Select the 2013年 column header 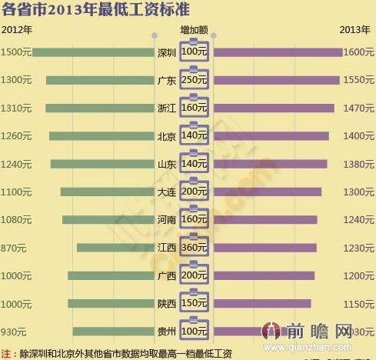tap(354, 29)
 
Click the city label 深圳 tap(167, 52)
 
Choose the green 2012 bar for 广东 tap(100, 80)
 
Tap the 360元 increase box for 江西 tap(195, 248)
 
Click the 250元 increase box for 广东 tap(195, 80)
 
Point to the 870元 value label tap(14, 248)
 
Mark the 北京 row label tap(167, 136)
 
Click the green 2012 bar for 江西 tap(115, 248)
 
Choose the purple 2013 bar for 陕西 tap(261, 304)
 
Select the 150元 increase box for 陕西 tap(195, 304)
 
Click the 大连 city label tap(167, 192)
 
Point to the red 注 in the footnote tap(7, 354)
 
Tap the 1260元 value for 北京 tap(16, 136)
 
